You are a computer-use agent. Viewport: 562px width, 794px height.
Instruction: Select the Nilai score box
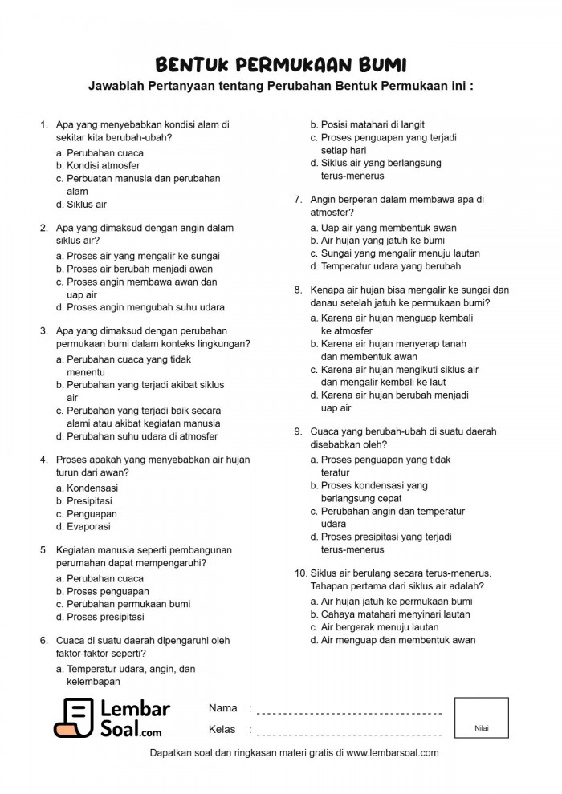(x=481, y=717)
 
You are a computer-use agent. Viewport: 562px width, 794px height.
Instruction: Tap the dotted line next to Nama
(x=350, y=712)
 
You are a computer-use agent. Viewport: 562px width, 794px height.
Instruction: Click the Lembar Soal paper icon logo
(x=74, y=718)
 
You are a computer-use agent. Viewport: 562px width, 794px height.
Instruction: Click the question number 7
(x=298, y=200)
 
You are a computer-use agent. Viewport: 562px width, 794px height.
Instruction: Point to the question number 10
(x=300, y=573)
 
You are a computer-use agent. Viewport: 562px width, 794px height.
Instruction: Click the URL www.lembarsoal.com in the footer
(x=393, y=753)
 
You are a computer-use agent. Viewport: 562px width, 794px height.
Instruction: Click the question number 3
(x=43, y=330)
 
